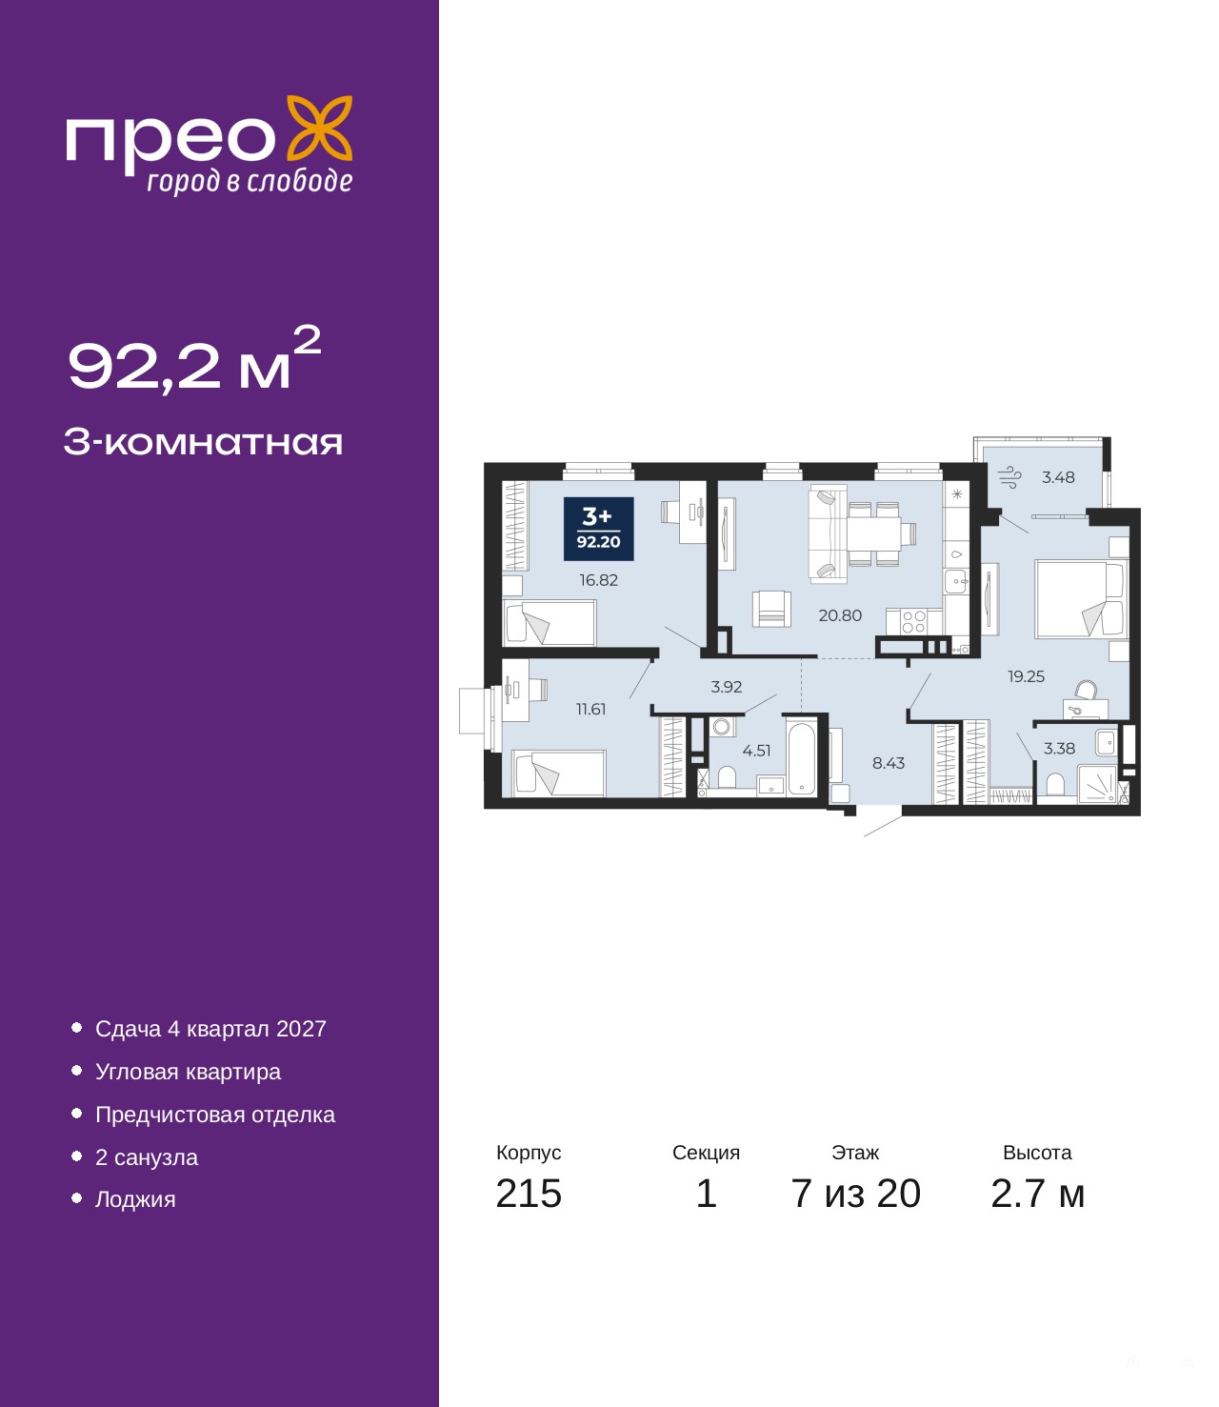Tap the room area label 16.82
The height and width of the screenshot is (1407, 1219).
point(598,580)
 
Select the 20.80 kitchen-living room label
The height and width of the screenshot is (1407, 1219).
point(840,615)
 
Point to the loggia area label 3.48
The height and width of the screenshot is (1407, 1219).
point(1058,477)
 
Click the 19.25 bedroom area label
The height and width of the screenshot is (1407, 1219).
point(1026,676)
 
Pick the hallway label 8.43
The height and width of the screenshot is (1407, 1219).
point(889,763)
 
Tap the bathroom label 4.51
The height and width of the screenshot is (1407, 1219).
point(756,751)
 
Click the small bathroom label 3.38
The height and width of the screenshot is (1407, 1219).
point(1059,749)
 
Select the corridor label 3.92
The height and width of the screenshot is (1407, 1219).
point(727,687)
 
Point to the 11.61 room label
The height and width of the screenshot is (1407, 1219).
point(590,710)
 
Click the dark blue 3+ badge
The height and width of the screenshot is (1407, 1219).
point(598,529)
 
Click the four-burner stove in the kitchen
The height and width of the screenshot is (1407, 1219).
point(913,622)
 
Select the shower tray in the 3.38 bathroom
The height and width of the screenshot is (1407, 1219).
point(1096,785)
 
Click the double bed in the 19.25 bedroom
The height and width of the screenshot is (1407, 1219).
point(1081,599)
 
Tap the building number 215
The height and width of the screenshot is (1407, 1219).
point(529,1194)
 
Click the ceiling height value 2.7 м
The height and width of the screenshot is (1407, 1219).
point(1037,1194)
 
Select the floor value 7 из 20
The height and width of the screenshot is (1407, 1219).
point(855,1194)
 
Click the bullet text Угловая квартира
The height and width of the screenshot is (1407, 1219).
point(188,1072)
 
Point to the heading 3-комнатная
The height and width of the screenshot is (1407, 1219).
point(203,443)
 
